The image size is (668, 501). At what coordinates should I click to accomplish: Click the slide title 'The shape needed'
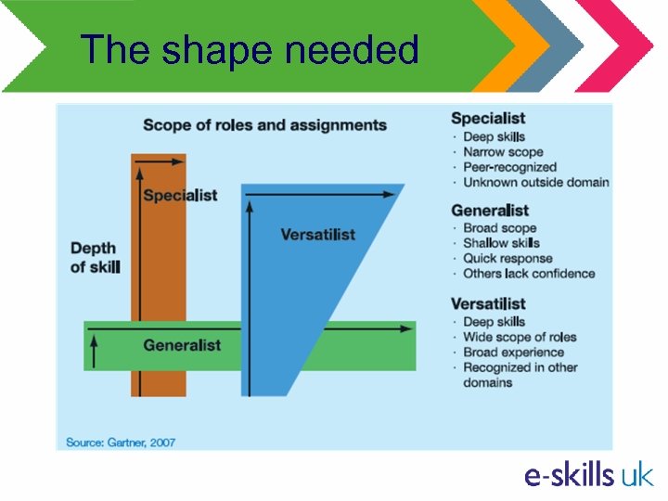pyautogui.click(x=250, y=49)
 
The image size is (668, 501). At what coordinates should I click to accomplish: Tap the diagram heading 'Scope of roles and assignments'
pyautogui.click(x=264, y=124)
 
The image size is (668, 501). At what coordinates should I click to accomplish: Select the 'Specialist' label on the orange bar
pyautogui.click(x=180, y=195)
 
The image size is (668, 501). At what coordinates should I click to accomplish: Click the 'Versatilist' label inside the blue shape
pyautogui.click(x=317, y=234)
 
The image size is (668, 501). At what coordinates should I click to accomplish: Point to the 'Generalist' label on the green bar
pyautogui.click(x=182, y=345)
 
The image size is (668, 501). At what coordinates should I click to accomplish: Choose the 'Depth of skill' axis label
pyautogui.click(x=95, y=257)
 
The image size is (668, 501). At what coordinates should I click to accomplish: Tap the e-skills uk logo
pyautogui.click(x=588, y=475)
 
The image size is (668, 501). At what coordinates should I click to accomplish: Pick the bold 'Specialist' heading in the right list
pyautogui.click(x=488, y=118)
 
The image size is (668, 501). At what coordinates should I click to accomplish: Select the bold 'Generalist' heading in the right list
pyautogui.click(x=490, y=210)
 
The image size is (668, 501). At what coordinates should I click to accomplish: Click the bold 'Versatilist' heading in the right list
pyautogui.click(x=488, y=303)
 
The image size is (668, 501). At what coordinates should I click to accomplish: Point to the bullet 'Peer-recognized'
pyautogui.click(x=509, y=167)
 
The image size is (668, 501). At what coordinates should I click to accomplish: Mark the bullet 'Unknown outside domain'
pyautogui.click(x=535, y=182)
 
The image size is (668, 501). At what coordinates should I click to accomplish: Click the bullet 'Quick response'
pyautogui.click(x=507, y=259)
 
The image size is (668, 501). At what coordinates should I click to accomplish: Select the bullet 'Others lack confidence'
pyautogui.click(x=529, y=274)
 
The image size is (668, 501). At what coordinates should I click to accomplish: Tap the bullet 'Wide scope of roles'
pyautogui.click(x=520, y=337)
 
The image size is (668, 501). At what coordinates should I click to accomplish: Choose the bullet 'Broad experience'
pyautogui.click(x=513, y=353)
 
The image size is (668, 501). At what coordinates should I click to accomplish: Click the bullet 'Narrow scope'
pyautogui.click(x=503, y=152)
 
